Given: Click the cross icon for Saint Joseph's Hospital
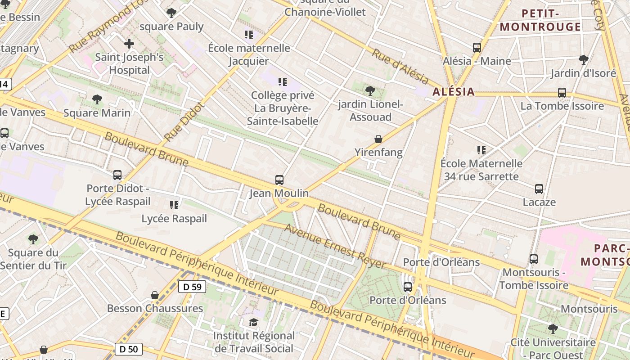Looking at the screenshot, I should (129, 44).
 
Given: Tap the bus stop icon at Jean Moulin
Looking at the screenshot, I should (279, 180).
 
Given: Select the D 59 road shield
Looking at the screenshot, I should (192, 287).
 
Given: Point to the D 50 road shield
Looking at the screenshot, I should (129, 349).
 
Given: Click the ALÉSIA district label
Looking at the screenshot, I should (453, 92).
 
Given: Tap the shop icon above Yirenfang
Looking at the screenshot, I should (378, 139).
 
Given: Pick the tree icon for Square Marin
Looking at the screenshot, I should (97, 99).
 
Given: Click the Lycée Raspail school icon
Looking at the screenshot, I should (174, 205).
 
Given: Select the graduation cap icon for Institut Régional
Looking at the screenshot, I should (254, 322).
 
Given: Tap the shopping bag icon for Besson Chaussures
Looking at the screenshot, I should (155, 295).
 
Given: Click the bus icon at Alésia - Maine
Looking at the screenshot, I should (477, 47).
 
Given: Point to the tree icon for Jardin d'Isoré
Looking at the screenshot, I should (584, 59).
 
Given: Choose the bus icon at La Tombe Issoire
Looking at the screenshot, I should (562, 93).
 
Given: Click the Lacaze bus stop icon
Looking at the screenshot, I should (539, 189).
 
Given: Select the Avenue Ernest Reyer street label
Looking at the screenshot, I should (335, 246).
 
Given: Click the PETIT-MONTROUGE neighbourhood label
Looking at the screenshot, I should (540, 20).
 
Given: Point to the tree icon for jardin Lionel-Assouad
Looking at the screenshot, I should (370, 91).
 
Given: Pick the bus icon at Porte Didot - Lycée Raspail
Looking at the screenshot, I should (117, 175).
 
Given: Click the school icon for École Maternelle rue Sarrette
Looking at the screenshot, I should (481, 150).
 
